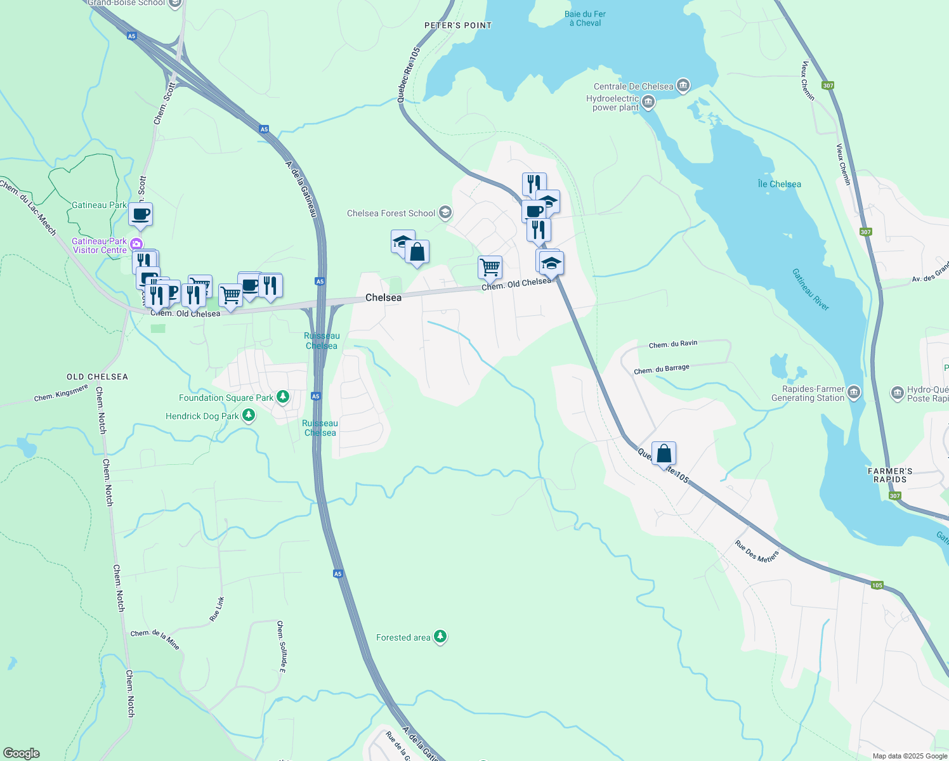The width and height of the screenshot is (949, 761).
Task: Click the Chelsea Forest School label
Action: point(391,213)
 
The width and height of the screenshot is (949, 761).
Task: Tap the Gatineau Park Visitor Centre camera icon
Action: point(136,244)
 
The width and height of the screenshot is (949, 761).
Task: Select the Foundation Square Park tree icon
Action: point(283,398)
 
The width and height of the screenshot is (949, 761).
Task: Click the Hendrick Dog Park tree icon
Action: point(249,415)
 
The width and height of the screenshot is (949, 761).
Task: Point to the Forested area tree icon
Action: point(440,637)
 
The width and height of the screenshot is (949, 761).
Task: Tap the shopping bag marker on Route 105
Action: point(664,454)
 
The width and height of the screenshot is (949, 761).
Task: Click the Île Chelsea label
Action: point(779,184)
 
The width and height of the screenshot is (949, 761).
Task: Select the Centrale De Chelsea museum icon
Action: point(683,85)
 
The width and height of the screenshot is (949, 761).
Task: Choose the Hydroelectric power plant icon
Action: point(648,101)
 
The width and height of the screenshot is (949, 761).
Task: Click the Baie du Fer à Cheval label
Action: point(585,18)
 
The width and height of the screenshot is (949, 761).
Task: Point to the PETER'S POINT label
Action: point(458,25)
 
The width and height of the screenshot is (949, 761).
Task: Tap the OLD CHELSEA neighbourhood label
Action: point(97,377)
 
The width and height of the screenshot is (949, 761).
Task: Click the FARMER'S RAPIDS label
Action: point(890,475)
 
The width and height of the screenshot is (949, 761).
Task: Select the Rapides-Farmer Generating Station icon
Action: point(854,393)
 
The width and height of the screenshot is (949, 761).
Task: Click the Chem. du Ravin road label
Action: point(672,344)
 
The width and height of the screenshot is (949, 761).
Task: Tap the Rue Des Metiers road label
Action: point(756,551)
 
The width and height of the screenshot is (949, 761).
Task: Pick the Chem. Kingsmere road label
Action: point(61,393)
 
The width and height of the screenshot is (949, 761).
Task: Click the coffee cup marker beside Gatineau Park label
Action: point(140,214)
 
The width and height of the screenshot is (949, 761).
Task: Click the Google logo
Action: point(22,753)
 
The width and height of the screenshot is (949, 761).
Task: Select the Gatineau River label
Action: point(810,290)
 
